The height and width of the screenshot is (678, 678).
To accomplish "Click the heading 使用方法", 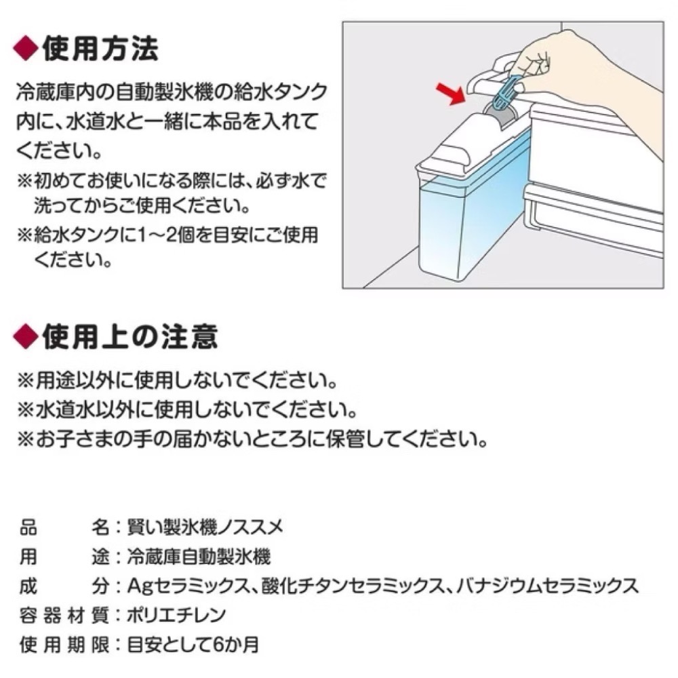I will pos(100,49).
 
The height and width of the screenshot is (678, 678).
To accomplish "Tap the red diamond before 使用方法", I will pos(25,49).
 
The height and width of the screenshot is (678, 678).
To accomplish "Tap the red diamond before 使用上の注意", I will pos(25,335).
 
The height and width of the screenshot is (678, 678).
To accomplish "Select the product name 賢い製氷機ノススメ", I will pos(199,525).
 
